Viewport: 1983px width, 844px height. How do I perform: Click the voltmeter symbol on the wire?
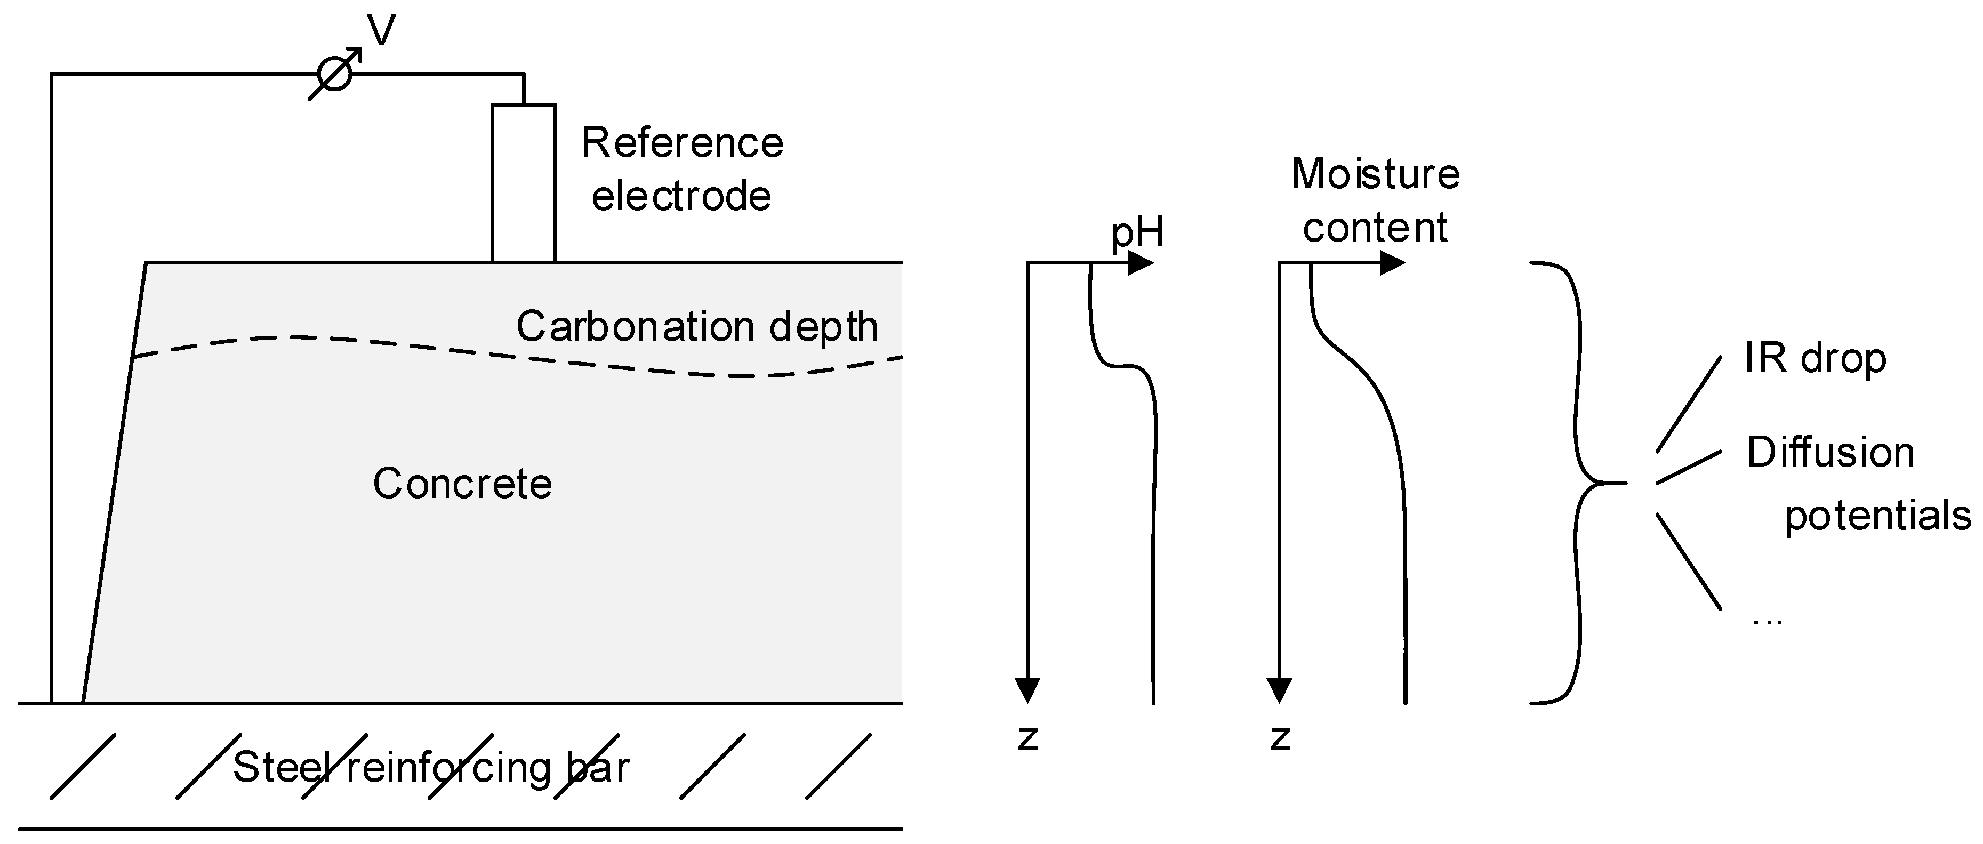(335, 74)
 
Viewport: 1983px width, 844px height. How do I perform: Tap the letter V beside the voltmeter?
(382, 31)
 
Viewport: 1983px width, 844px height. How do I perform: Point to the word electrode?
(681, 196)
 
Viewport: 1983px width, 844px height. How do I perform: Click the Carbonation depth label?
(697, 326)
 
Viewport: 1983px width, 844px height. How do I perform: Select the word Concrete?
(463, 484)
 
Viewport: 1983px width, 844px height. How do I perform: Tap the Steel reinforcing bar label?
(431, 767)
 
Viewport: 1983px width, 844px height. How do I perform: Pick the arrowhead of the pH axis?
(1142, 263)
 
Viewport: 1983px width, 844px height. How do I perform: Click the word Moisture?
(1375, 173)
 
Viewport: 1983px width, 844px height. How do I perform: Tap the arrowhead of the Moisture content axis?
(1393, 263)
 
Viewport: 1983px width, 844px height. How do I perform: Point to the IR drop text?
(1815, 358)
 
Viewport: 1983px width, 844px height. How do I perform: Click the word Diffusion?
(1831, 452)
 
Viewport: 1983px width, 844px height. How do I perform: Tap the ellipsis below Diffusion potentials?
(1768, 621)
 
